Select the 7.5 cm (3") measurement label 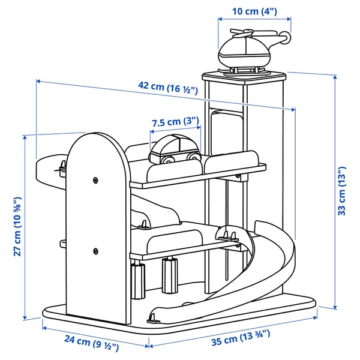tap(175, 122)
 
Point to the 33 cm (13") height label tap(341, 191)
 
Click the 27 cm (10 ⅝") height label tap(18, 226)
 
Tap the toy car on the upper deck tap(173, 150)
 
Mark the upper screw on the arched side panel tap(95, 179)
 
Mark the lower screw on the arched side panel tap(95, 250)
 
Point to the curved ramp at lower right tap(270, 258)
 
